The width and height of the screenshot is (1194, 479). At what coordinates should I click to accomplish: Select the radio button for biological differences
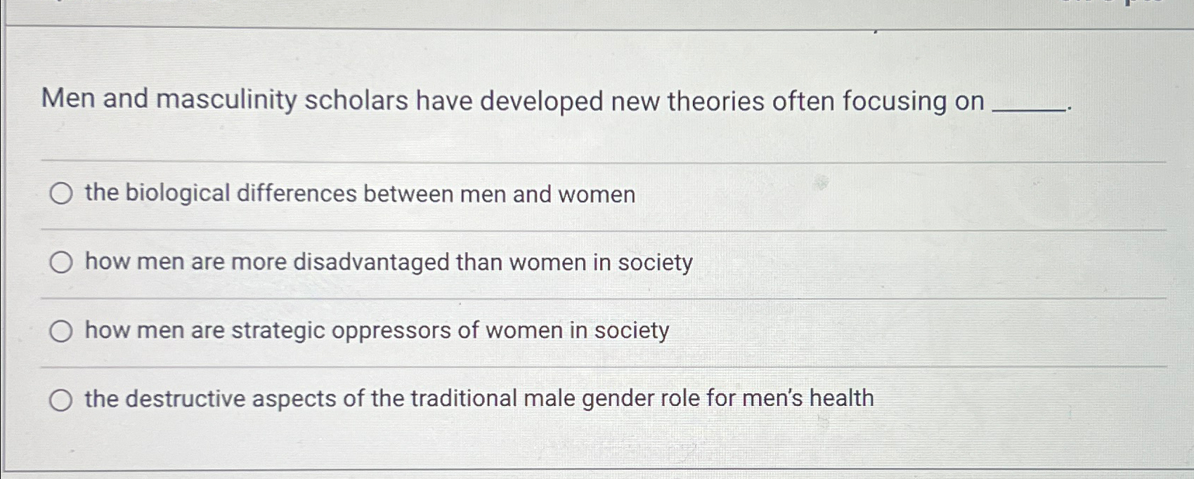[61, 194]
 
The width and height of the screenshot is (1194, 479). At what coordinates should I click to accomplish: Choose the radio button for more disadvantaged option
[61, 263]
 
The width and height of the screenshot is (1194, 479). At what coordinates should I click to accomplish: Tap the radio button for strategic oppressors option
[61, 331]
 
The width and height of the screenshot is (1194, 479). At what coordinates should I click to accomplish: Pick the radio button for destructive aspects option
[61, 400]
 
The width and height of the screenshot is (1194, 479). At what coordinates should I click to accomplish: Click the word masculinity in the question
[226, 100]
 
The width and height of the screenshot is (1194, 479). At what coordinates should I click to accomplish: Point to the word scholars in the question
[356, 101]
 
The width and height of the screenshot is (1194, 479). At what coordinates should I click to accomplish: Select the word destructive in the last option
[186, 399]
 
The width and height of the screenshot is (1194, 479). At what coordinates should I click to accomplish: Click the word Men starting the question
[68, 99]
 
